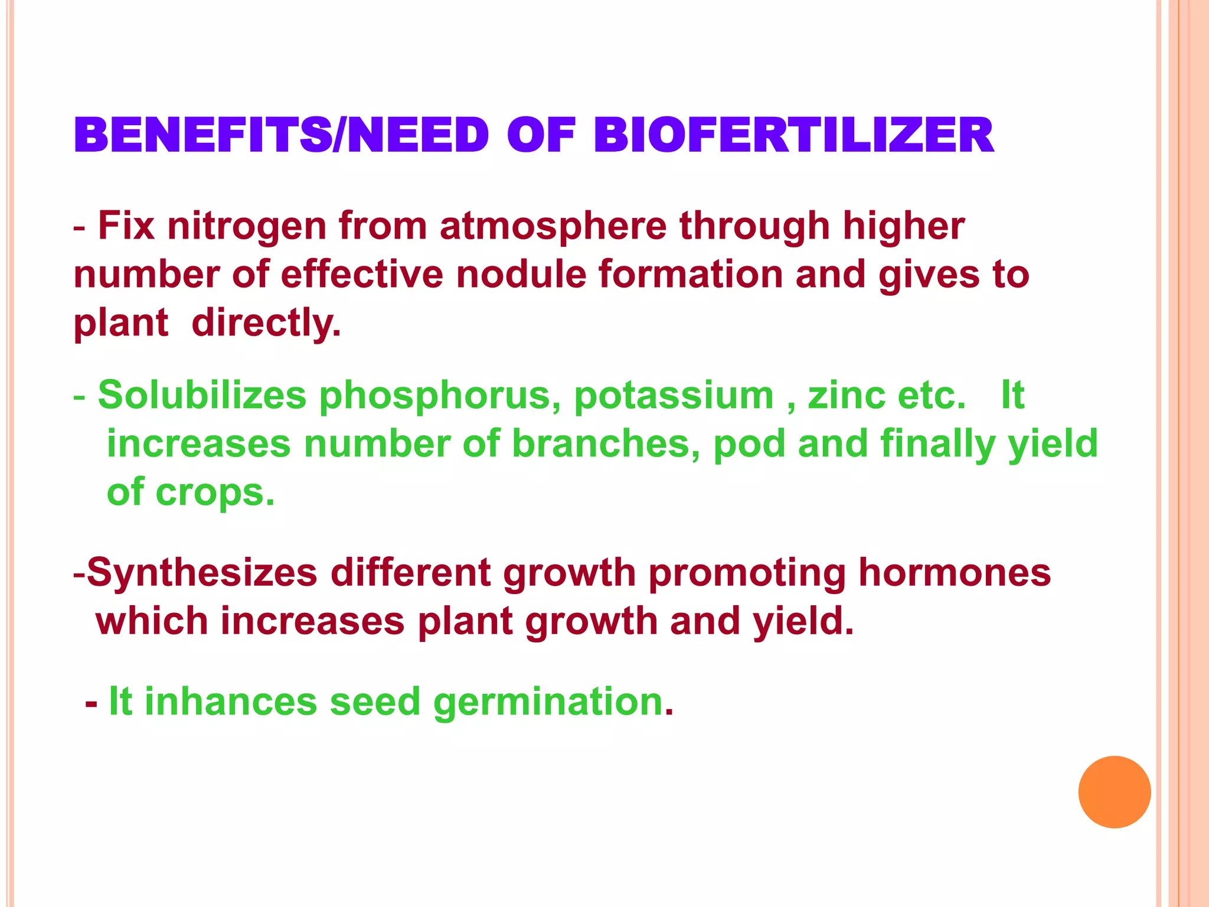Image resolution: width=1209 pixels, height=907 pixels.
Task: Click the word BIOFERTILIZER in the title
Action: (x=793, y=135)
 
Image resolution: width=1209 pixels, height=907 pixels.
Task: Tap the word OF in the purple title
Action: (x=541, y=135)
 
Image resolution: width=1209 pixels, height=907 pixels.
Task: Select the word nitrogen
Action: (x=247, y=227)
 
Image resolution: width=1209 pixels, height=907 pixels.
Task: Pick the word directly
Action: (x=266, y=324)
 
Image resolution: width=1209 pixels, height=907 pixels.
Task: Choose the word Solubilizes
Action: (x=202, y=395)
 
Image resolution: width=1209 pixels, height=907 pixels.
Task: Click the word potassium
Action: (x=674, y=396)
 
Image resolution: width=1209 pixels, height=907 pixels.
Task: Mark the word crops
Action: (x=215, y=493)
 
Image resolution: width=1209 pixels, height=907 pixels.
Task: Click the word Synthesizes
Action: (x=202, y=573)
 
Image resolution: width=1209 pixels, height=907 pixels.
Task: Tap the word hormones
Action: (x=955, y=572)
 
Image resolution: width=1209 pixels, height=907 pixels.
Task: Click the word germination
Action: (x=549, y=703)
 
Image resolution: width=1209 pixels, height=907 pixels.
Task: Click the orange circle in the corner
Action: (x=1114, y=792)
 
